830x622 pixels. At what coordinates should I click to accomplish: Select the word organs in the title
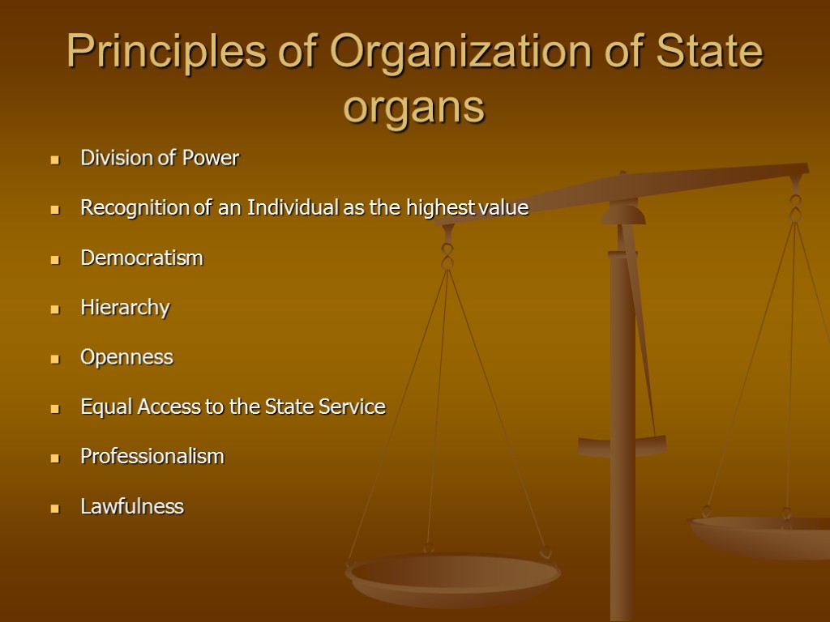413,107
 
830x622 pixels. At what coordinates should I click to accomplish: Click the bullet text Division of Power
159,158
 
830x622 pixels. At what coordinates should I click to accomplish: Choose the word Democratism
141,258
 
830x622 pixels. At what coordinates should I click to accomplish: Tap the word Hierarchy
125,308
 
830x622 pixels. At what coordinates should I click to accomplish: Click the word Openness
126,357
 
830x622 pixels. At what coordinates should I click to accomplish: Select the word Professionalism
152,457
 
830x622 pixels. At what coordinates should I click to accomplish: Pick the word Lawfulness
131,507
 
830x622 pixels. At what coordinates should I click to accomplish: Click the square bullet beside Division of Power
55,160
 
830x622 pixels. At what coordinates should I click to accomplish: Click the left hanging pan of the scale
453,576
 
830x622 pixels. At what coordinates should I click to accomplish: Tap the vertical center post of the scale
622,421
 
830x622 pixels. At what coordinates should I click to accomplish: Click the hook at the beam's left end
447,251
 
